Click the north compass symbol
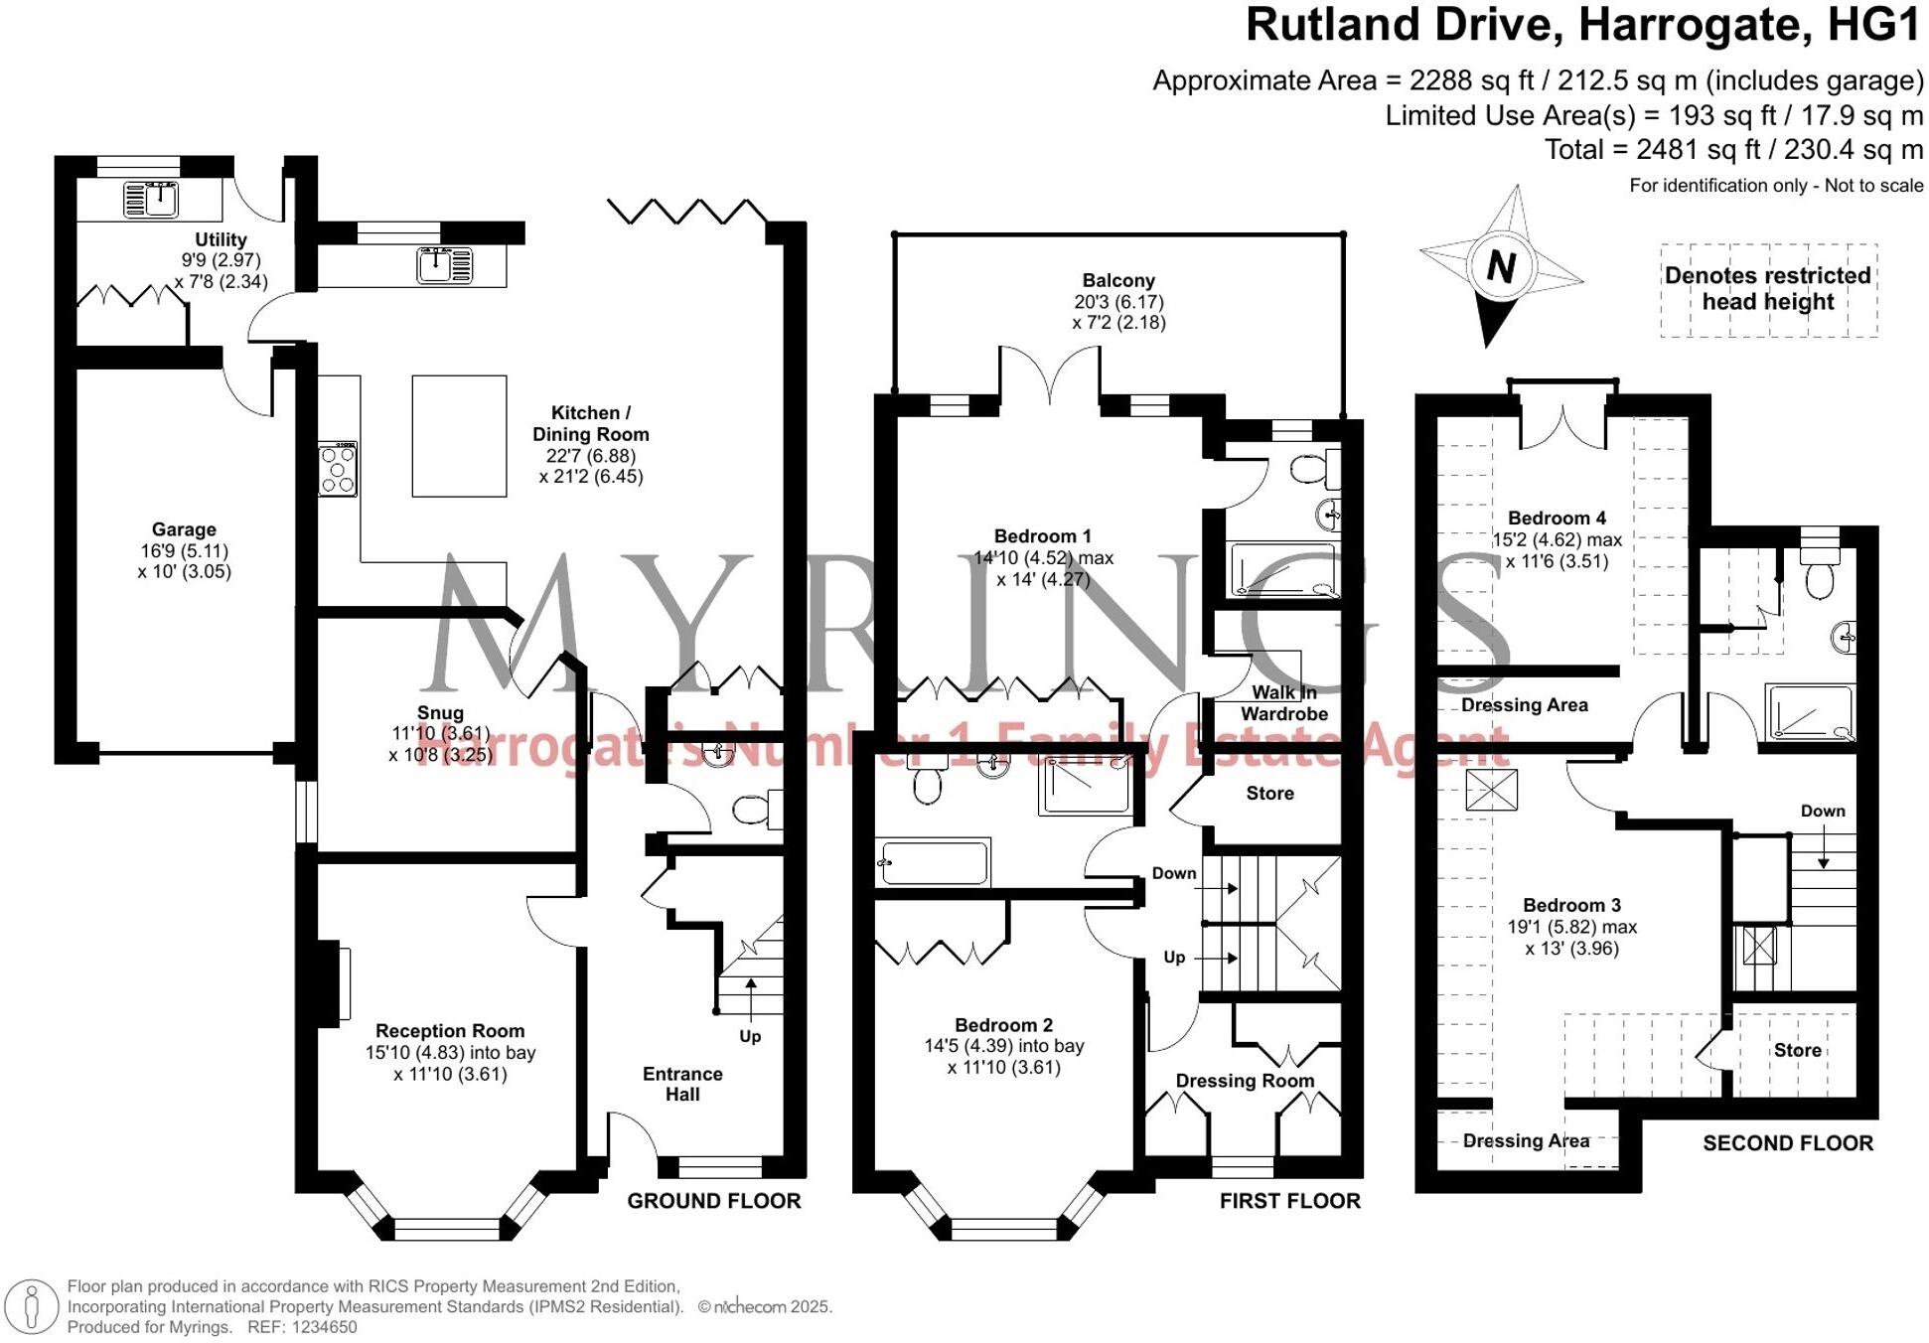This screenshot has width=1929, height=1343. (x=1500, y=265)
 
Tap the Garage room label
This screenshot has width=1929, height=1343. (x=184, y=530)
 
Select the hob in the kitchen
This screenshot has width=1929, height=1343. (x=338, y=470)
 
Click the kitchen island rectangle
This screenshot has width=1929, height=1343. (x=459, y=435)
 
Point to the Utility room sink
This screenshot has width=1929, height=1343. (x=151, y=199)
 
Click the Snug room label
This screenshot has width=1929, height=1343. (x=440, y=713)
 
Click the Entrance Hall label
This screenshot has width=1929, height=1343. (x=682, y=1084)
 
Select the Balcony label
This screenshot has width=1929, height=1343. (x=1118, y=281)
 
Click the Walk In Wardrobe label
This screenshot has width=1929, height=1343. (x=1283, y=703)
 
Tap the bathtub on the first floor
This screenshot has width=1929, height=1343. (x=934, y=862)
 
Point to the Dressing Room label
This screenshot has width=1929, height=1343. (x=1245, y=1081)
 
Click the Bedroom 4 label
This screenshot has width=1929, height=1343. (x=1557, y=519)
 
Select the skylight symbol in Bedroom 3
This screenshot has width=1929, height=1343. (x=1491, y=791)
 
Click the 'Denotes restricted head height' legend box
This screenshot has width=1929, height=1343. (x=1768, y=289)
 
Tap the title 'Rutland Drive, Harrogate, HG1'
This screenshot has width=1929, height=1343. (x=1583, y=25)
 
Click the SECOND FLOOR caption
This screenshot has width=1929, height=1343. (x=1788, y=1143)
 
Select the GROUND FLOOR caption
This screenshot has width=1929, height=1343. (x=713, y=1201)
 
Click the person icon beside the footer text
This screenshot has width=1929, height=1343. (x=33, y=1306)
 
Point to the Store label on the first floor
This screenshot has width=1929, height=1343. (x=1269, y=794)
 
